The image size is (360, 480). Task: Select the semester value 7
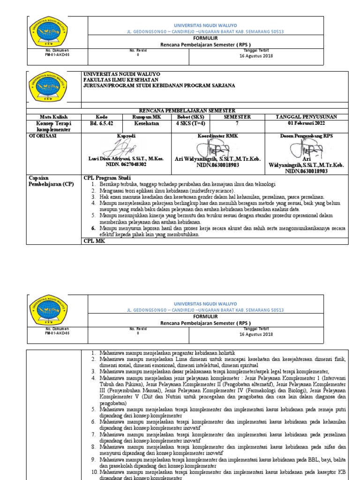coord(237,123)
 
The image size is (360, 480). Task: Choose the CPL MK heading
coord(94,241)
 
